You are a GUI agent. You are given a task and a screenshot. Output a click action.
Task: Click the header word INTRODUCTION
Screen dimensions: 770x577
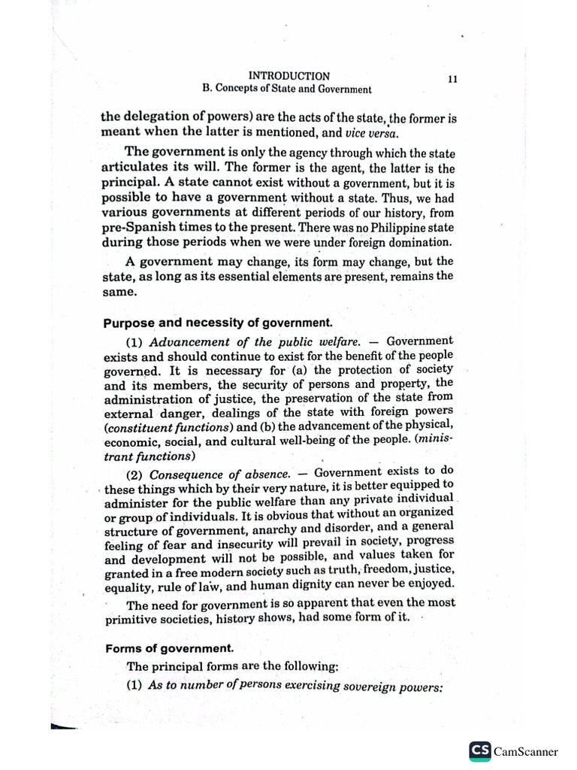(x=288, y=76)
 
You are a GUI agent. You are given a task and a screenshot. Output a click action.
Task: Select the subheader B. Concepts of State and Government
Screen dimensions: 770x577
(x=287, y=89)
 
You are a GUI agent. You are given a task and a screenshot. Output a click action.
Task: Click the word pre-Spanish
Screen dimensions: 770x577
(x=132, y=227)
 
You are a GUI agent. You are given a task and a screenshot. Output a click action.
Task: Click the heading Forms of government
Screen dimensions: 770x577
(x=159, y=647)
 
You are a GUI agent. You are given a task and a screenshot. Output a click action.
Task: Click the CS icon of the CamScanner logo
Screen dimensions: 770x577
(x=479, y=750)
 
